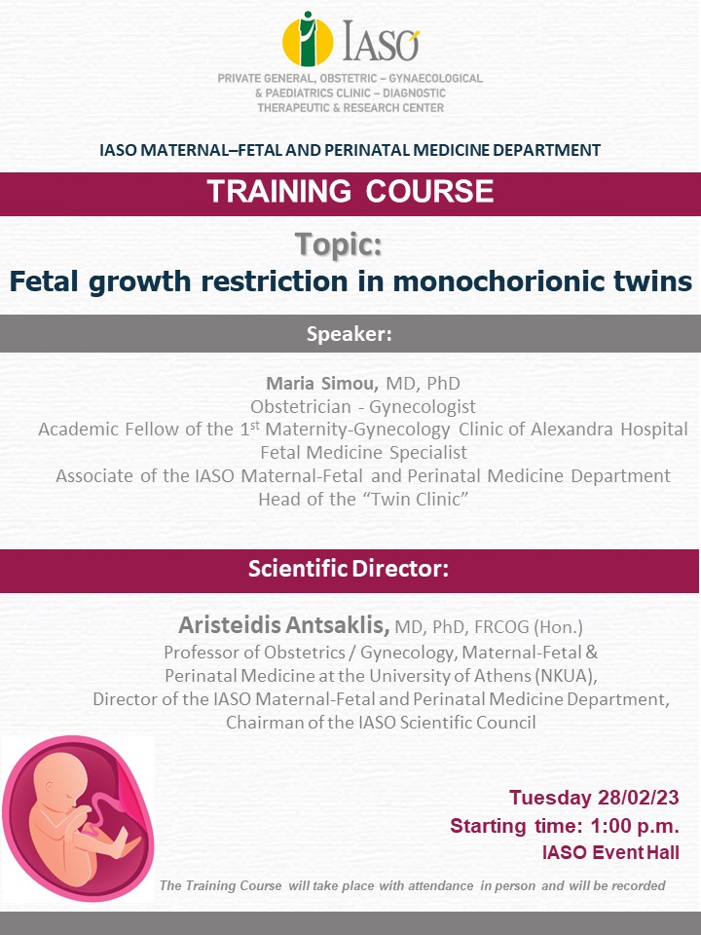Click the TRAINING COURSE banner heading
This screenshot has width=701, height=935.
(350, 192)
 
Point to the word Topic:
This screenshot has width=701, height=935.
(339, 244)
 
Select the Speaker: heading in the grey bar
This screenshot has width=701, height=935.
(350, 333)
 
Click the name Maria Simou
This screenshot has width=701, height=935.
(322, 383)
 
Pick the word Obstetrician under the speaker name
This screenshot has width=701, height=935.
(301, 407)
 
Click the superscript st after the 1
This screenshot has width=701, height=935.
(255, 426)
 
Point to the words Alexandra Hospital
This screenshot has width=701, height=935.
(609, 430)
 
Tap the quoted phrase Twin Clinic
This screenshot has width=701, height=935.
(417, 499)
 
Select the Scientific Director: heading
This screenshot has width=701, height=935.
(349, 568)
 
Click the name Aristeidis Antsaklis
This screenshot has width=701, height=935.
(284, 625)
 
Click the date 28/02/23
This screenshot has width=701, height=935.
(639, 798)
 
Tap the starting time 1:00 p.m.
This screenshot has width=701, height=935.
(635, 826)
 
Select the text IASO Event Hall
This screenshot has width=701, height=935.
(610, 853)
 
